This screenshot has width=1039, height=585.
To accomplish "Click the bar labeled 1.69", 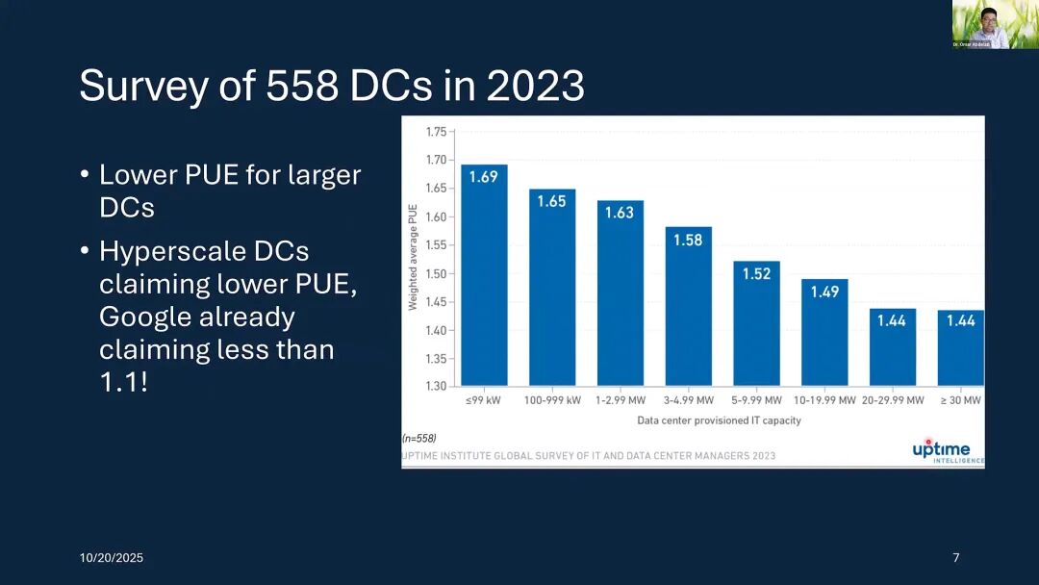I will tap(484, 275).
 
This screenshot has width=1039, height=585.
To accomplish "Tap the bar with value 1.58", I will tap(688, 306).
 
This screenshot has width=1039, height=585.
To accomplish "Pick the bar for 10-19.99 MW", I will tap(824, 332).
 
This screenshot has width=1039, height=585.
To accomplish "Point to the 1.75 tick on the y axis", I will tap(436, 132).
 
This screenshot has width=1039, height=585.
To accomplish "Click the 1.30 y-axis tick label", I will tap(436, 387).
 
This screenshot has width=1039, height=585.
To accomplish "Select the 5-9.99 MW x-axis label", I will tap(756, 400).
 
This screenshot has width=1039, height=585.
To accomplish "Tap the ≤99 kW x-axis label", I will tap(483, 400).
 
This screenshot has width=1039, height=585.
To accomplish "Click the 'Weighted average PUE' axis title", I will tap(413, 258).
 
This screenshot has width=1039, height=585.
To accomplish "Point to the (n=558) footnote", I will tap(418, 438).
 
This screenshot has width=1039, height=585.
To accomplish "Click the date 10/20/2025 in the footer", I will tap(111, 558).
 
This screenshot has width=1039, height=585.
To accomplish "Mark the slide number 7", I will tap(955, 558).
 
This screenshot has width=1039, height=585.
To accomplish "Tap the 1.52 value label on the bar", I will tap(756, 274).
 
